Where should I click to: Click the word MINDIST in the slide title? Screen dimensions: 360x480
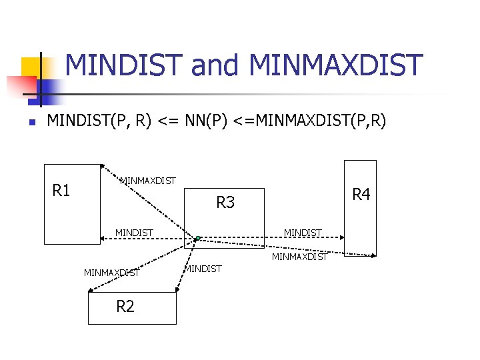coord(125,65)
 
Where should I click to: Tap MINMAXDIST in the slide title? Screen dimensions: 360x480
coord(335,65)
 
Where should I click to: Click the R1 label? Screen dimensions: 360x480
coord(61,191)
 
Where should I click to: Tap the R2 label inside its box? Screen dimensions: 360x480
coord(125,307)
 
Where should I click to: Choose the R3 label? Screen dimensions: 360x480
coord(225,202)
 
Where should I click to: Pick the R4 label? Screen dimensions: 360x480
coord(361,195)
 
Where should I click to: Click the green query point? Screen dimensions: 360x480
coord(198,237)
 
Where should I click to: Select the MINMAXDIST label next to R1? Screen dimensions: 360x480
coord(147,181)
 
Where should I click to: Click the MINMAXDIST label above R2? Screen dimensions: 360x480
coord(112,272)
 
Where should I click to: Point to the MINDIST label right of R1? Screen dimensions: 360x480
coord(134,233)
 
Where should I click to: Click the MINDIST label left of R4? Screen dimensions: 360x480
coord(303,233)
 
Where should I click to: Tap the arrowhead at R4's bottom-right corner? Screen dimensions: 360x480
coord(373,255)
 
